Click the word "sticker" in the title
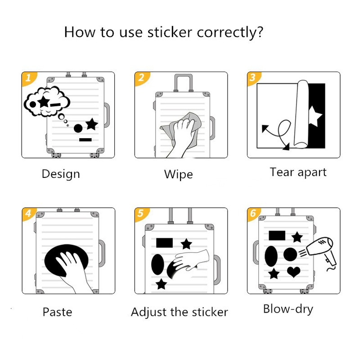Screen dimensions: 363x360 [171, 32]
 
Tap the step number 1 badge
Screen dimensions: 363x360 [28, 77]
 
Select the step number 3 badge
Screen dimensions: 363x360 [252, 77]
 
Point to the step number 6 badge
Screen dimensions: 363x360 [252, 213]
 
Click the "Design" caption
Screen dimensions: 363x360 [61, 174]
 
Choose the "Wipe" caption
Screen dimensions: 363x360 [178, 174]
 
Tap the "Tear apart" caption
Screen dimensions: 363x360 [298, 172]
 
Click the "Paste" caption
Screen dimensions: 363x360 [57, 312]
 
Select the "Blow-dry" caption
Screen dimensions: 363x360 [288, 309]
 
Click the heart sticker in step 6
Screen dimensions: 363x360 [294, 272]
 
